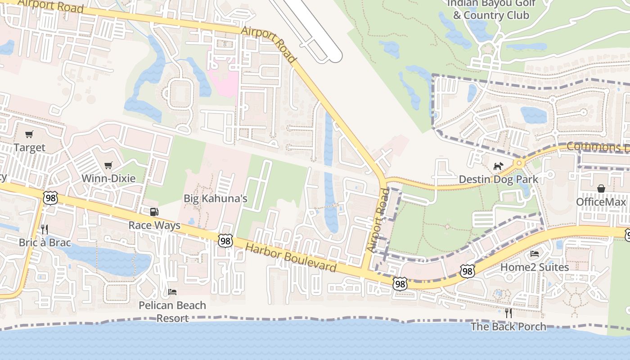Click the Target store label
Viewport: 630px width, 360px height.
coord(29,148)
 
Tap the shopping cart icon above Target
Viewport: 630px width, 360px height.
coord(29,134)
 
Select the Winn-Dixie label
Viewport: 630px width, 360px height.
coord(108,179)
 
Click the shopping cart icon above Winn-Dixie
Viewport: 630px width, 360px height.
coord(108,165)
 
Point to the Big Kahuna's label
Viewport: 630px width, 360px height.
coord(216,198)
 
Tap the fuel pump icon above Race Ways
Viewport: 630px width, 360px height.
coord(154,211)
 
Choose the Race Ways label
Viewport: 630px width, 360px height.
coord(154,225)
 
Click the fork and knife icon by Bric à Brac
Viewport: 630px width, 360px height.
coord(44,229)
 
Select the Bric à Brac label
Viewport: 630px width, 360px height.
coord(45,243)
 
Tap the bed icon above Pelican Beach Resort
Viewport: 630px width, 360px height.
coord(172,292)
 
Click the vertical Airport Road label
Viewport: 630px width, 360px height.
coord(378,220)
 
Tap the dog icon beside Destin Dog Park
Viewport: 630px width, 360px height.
coord(498,166)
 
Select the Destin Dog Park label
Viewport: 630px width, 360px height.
coord(498,180)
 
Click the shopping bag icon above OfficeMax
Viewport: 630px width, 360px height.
coord(601,188)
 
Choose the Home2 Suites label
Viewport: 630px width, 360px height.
coord(535,267)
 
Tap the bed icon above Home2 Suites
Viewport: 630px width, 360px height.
coord(535,254)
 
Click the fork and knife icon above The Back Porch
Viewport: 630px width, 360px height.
coord(508,313)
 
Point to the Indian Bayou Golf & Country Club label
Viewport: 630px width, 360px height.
coord(490,9)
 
